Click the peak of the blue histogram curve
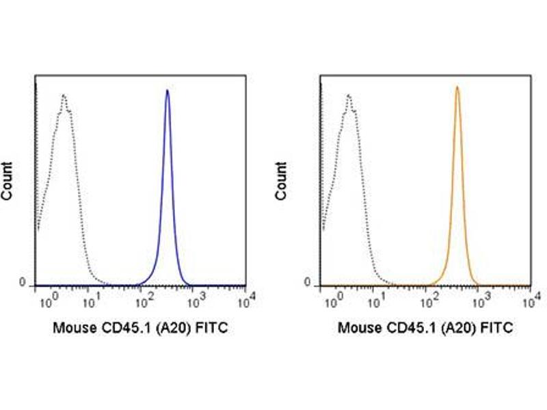click(x=168, y=91)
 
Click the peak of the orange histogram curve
click(x=457, y=87)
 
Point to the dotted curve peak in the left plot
click(x=64, y=96)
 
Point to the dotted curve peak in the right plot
click(x=349, y=96)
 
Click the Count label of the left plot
click(x=8, y=180)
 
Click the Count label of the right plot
click(x=280, y=180)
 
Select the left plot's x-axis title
click(x=140, y=329)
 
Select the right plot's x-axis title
click(x=425, y=329)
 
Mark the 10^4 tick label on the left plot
click(x=248, y=297)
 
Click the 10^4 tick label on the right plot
click(x=533, y=297)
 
